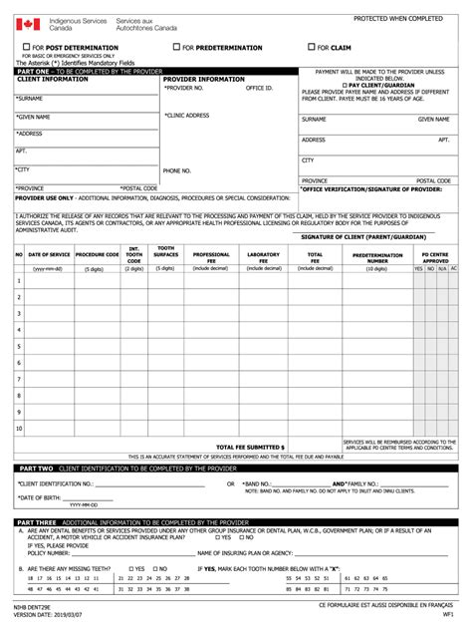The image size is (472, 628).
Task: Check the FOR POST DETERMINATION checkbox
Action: click(x=27, y=47)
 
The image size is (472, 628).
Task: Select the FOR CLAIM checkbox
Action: click(x=309, y=47)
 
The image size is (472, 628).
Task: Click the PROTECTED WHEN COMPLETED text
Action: click(x=398, y=19)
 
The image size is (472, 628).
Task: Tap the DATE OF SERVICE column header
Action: click(x=47, y=255)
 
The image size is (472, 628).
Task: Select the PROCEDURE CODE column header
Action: click(x=97, y=255)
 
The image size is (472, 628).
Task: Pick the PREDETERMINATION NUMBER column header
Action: click(x=377, y=257)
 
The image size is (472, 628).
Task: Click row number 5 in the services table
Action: click(x=19, y=346)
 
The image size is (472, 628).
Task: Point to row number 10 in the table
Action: click(x=19, y=429)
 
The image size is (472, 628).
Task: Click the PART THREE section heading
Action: click(x=40, y=521)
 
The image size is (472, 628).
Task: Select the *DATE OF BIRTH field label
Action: click(x=41, y=497)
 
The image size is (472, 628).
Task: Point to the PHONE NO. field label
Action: click(x=177, y=170)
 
